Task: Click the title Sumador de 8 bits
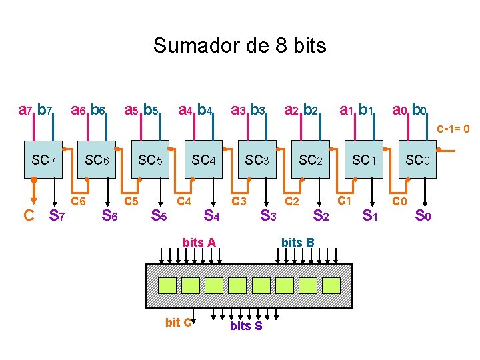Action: click(239, 45)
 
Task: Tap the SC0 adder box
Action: click(418, 161)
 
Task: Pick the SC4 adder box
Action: click(204, 161)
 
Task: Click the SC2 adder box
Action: click(311, 161)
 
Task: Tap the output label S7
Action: click(57, 215)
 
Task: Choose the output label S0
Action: click(423, 215)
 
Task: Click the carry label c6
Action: click(79, 201)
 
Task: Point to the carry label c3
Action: click(239, 201)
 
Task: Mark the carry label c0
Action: click(399, 201)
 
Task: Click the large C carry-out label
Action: click(29, 215)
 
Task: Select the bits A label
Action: click(199, 243)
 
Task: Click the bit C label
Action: click(178, 323)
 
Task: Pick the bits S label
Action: click(246, 326)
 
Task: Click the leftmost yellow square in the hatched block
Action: click(167, 285)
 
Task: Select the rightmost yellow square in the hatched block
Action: click(331, 285)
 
